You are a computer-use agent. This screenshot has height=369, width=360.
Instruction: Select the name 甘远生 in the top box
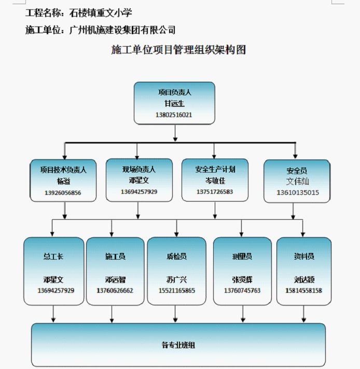pos(174,104)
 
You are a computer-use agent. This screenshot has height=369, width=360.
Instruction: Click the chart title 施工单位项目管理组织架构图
pos(178,50)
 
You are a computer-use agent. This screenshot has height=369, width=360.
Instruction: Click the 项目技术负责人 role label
pos(63,169)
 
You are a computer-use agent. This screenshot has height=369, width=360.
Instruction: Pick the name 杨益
pos(63,181)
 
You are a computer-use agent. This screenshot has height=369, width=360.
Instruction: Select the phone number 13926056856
pos(63,193)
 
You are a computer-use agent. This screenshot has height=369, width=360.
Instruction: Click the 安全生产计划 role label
pos(215,169)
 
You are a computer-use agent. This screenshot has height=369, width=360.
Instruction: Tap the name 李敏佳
pos(215,181)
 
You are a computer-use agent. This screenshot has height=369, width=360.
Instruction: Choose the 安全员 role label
pos(296,171)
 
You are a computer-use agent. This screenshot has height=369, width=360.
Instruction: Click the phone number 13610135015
pos(296,193)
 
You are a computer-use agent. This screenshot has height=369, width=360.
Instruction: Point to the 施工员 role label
pos(115,257)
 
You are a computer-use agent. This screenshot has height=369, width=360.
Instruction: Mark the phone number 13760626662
pos(115,290)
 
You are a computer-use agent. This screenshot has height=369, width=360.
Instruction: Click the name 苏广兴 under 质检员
pos(176,279)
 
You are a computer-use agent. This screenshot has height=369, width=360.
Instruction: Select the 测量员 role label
pos(242,257)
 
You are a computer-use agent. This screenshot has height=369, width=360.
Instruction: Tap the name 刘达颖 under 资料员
pos(303,279)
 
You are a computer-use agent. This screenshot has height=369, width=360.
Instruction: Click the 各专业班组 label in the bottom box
pos(178,345)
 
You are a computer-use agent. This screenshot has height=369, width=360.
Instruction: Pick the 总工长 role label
pos(53,257)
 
